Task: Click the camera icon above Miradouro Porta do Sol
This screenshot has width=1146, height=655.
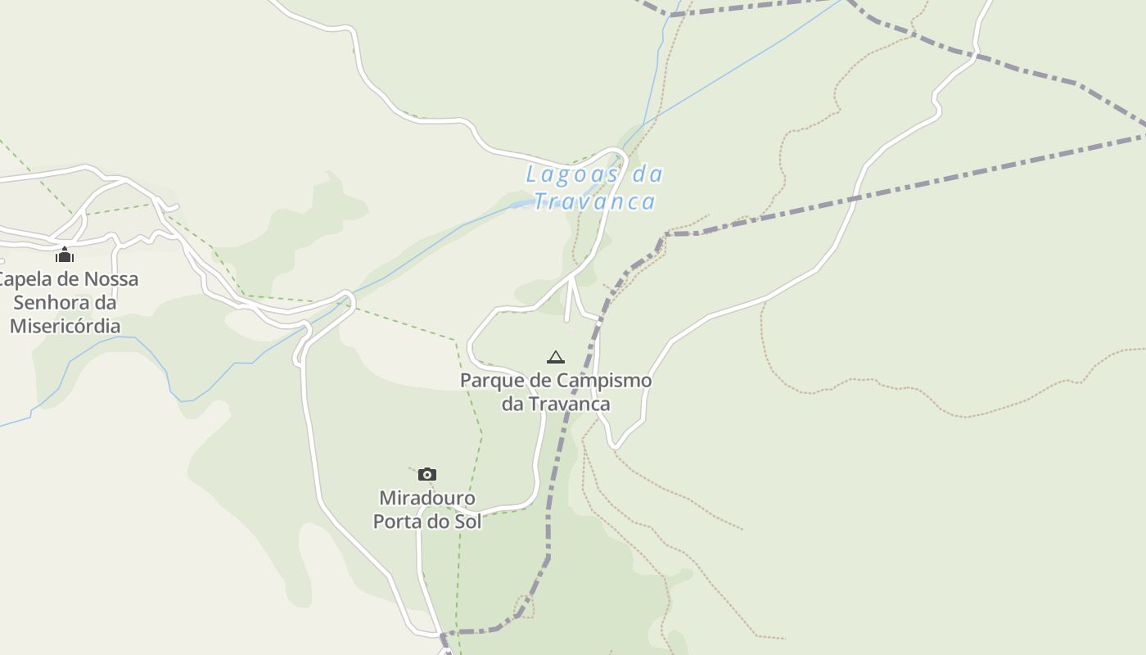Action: (x=426, y=474)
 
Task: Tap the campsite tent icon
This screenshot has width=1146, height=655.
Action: (x=556, y=357)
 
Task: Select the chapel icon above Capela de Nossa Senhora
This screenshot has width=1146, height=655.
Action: (x=65, y=255)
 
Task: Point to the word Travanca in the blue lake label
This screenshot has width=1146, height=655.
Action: (x=595, y=201)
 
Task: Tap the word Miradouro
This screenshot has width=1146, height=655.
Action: (x=426, y=498)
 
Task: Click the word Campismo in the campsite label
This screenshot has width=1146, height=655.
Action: (x=604, y=381)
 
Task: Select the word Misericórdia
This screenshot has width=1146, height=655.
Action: (x=65, y=326)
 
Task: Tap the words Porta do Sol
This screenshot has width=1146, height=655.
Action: (x=426, y=521)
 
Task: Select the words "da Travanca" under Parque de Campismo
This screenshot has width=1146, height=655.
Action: (x=556, y=404)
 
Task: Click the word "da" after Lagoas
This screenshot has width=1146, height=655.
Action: (x=648, y=174)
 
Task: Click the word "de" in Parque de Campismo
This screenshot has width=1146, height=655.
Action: (x=544, y=381)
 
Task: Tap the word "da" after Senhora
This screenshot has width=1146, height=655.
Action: (x=105, y=302)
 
